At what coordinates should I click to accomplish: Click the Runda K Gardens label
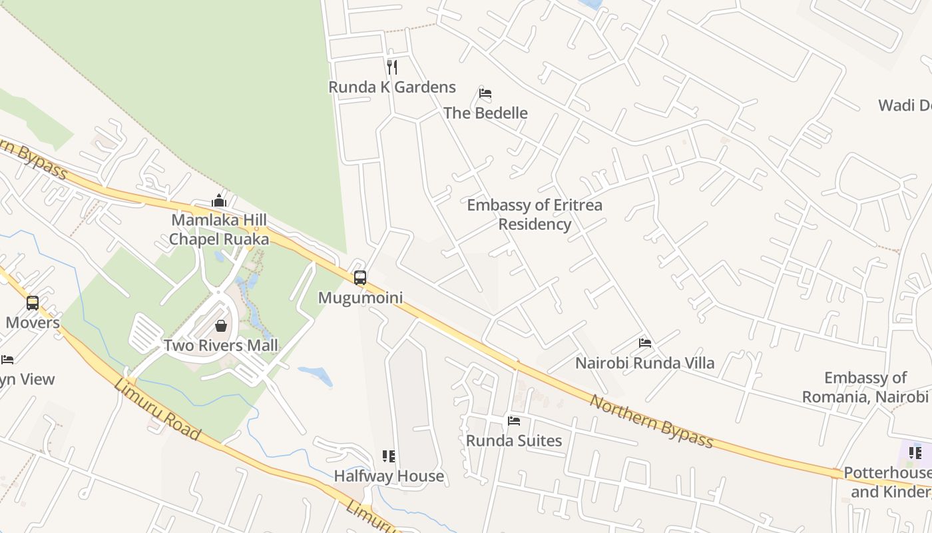point(392,87)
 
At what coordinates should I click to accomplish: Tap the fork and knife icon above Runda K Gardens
point(392,67)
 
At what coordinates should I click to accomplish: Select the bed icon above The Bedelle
point(485,93)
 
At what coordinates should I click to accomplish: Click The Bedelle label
point(485,113)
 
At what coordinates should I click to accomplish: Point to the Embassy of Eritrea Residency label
point(535,215)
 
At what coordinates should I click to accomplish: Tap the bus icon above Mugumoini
point(360,278)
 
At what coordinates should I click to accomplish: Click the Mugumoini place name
point(360,298)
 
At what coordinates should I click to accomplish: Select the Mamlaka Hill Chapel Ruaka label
point(219,229)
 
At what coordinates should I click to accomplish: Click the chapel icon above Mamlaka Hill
point(219,201)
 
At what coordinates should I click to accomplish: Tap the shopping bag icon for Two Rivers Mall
point(221,326)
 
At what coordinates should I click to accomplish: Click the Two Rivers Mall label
point(221,346)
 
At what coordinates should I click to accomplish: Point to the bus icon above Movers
point(33,303)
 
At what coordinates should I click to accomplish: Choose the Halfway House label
point(389,476)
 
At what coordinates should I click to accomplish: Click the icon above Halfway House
point(389,456)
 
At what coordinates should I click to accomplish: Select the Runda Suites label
point(514,441)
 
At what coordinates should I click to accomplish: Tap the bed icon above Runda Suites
point(514,421)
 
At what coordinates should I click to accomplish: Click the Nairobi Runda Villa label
point(644,363)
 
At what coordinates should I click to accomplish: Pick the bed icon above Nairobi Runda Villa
point(644,343)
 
